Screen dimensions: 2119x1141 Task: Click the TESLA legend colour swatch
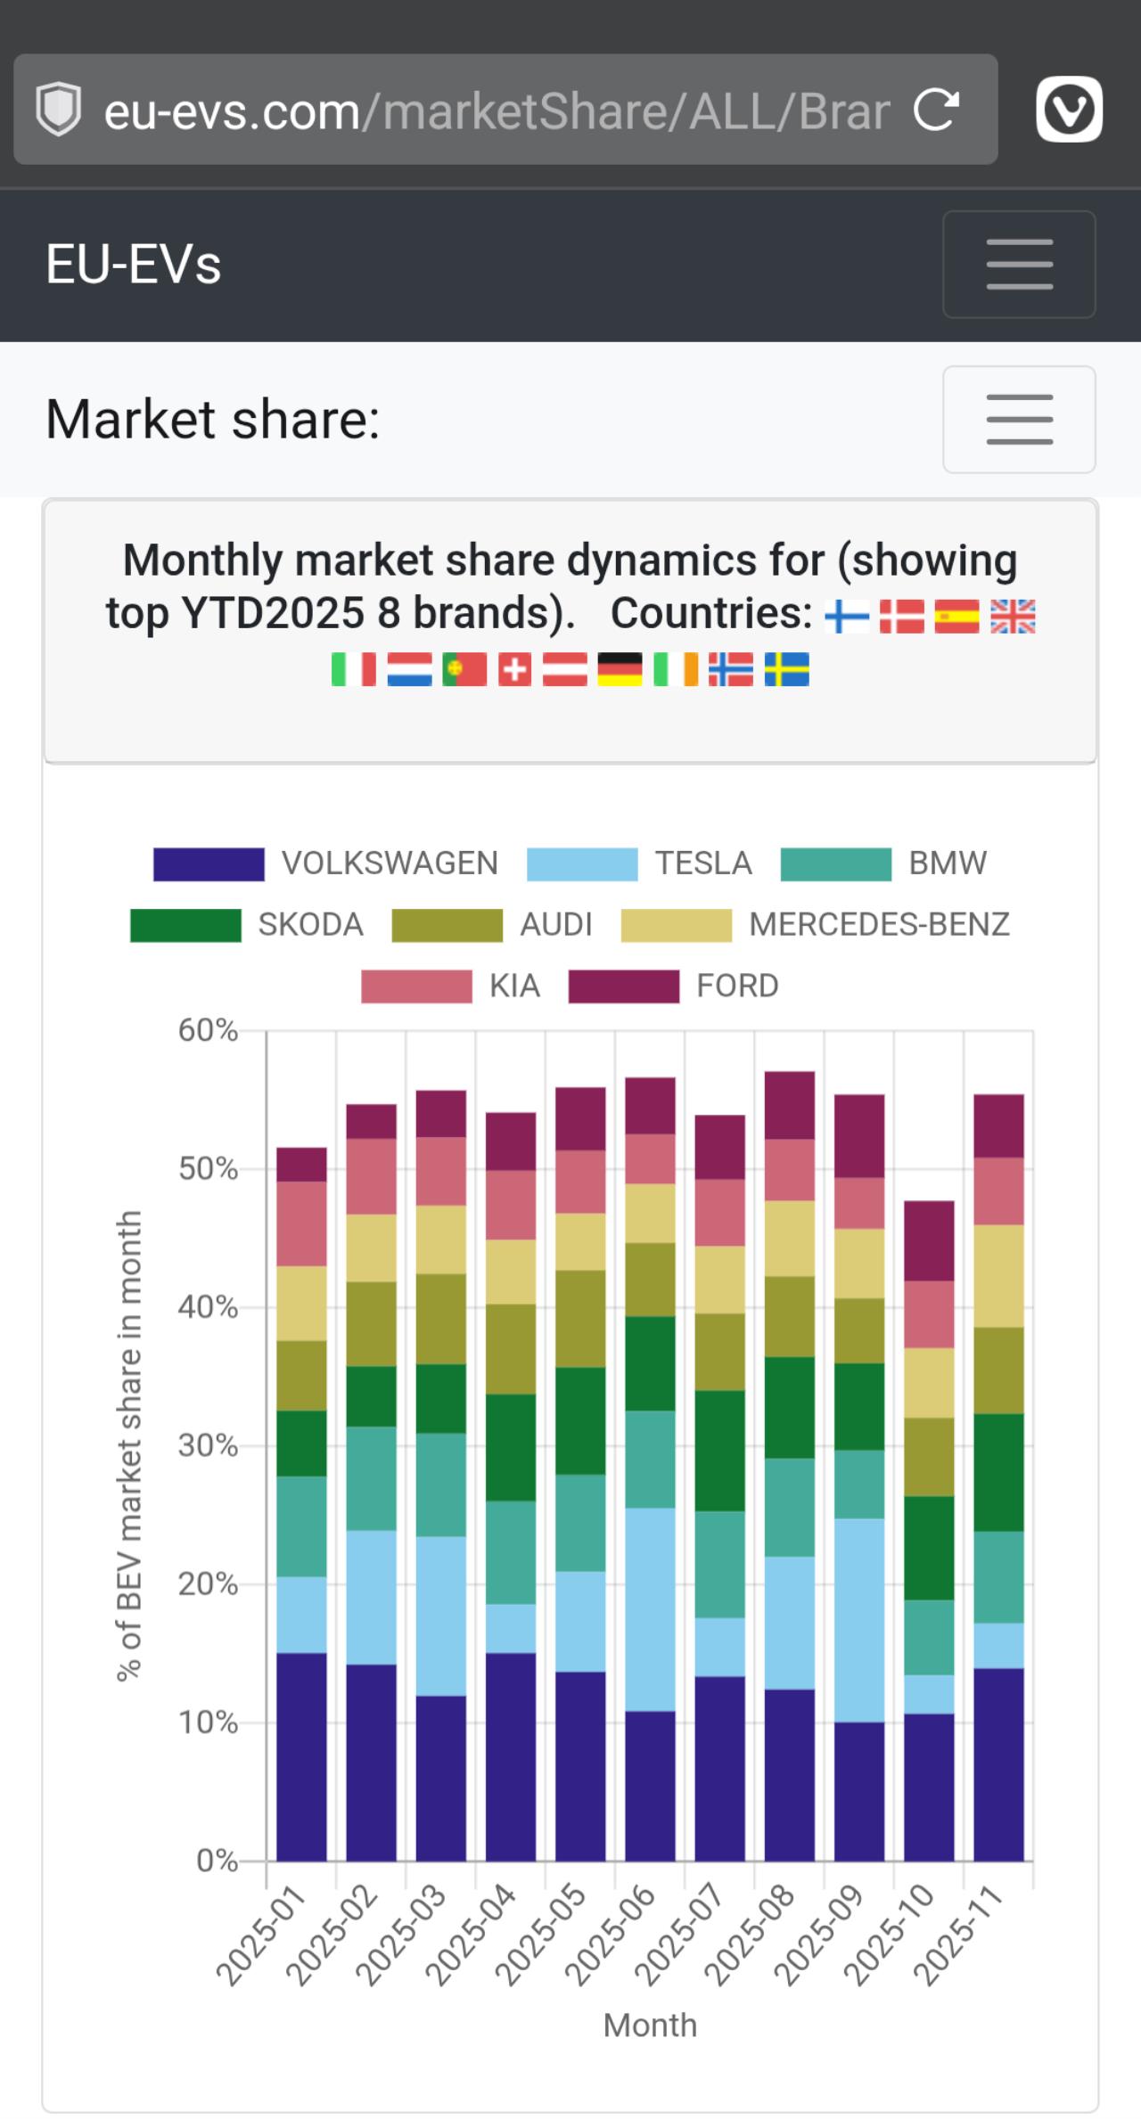tap(582, 864)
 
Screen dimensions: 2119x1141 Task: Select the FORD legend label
tap(737, 986)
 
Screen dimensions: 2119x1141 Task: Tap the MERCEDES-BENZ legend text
tap(879, 925)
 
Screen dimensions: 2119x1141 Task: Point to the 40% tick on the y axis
tap(208, 1307)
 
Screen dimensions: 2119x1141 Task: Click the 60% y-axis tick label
tap(208, 1031)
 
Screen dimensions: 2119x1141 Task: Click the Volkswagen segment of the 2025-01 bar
tap(301, 1756)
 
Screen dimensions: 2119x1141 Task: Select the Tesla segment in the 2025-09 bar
tap(859, 1620)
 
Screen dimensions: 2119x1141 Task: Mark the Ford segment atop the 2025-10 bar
tap(929, 1240)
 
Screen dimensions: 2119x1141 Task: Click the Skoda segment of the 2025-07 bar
tap(719, 1451)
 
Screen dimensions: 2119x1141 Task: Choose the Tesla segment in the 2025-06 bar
tap(650, 1609)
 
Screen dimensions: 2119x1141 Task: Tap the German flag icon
tap(620, 669)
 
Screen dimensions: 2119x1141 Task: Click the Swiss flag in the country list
tap(514, 669)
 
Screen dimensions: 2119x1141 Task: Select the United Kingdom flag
tap(1013, 616)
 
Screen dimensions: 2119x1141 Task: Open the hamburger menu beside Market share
tap(1019, 420)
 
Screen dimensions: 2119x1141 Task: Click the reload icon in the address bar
tap(936, 110)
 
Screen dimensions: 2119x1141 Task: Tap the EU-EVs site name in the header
tap(134, 265)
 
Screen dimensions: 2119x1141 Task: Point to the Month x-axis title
tap(650, 2025)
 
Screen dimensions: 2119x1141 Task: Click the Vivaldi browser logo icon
tap(1069, 110)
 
